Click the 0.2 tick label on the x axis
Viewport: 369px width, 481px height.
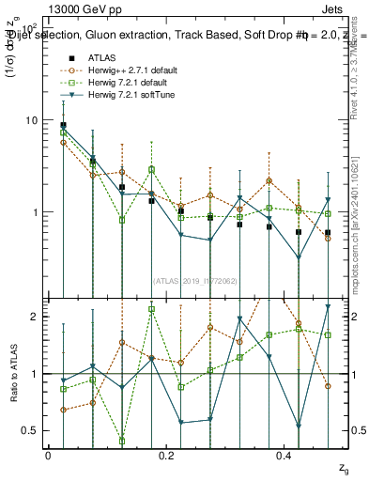pos(167,455)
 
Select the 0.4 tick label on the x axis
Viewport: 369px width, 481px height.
pos(288,455)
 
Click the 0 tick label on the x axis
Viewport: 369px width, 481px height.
pos(48,455)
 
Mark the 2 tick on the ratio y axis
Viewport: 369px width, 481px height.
pos(35,317)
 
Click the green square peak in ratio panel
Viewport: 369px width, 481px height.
pos(151,309)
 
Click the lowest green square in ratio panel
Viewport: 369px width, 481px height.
pos(122,441)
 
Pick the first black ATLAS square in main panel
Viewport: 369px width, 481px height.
pos(63,125)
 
